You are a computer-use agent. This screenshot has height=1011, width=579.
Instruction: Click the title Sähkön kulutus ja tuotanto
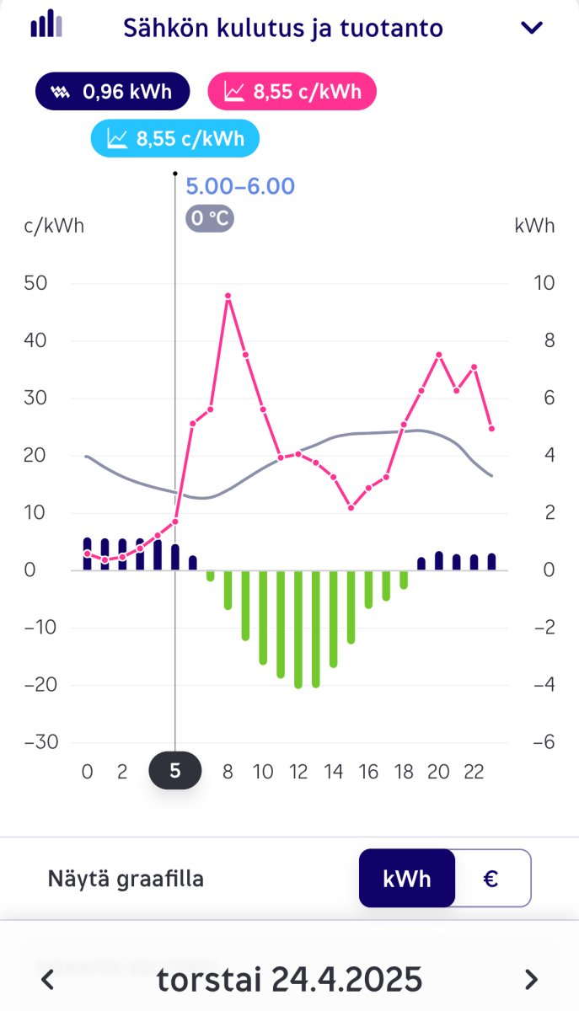(x=282, y=28)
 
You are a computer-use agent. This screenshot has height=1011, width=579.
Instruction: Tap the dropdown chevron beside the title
(x=532, y=28)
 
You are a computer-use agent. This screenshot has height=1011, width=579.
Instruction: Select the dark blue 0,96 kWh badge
(x=112, y=92)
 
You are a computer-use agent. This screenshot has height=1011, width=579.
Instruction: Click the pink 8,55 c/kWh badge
(x=292, y=92)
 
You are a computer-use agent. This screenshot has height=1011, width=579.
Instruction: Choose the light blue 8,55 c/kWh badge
(x=175, y=138)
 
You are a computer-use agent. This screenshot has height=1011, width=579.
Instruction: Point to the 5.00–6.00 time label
(x=240, y=186)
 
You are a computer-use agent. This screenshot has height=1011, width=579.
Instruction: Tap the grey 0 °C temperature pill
(x=210, y=218)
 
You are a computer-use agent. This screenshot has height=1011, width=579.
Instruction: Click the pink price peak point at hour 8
(x=228, y=296)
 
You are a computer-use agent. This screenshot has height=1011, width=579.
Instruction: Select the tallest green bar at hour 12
(x=298, y=629)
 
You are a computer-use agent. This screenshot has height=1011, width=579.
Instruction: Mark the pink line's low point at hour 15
(x=351, y=507)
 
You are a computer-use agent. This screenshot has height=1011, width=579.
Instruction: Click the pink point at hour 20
(x=438, y=355)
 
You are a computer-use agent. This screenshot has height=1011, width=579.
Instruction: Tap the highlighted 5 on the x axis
(x=175, y=771)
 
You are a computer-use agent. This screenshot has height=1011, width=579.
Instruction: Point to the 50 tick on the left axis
(x=36, y=283)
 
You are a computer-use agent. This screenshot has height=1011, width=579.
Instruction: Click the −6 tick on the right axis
(x=544, y=742)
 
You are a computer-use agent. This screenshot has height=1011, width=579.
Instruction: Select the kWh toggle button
(x=407, y=879)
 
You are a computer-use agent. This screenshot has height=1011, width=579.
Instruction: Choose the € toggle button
(x=491, y=879)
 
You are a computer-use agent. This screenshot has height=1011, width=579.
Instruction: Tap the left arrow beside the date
(x=48, y=980)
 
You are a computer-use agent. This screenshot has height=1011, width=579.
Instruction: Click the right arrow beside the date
(x=531, y=980)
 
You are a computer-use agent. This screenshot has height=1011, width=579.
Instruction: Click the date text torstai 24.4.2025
(x=289, y=980)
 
